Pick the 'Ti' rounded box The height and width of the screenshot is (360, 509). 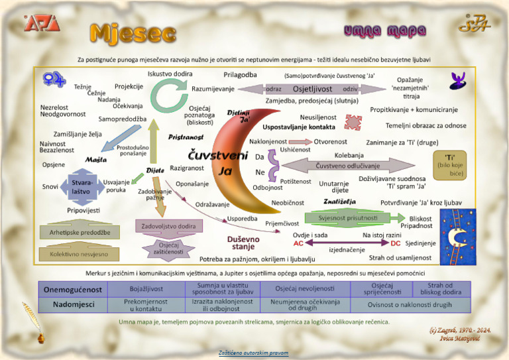[x=451, y=165]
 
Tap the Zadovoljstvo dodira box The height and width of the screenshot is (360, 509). [x=168, y=227]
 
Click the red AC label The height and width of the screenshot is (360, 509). [x=298, y=243]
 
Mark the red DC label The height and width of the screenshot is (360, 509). [x=396, y=243]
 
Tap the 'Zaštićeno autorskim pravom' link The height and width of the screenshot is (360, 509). [x=254, y=352]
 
